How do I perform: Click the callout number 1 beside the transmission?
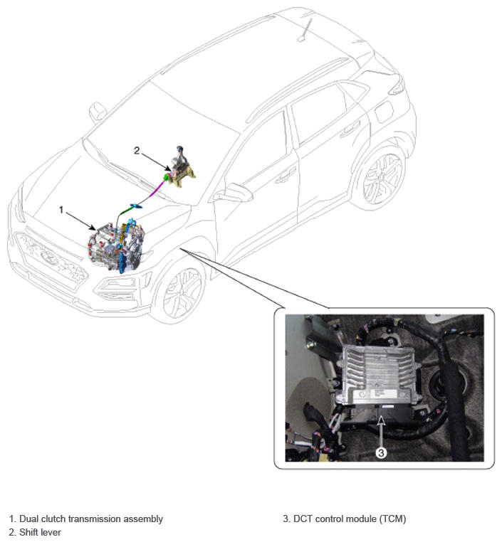(61, 210)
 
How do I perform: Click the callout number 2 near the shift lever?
(137, 150)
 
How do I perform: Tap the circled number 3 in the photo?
(381, 452)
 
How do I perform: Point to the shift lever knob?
(180, 149)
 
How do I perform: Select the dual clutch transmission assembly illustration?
(116, 245)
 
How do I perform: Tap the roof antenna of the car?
(305, 31)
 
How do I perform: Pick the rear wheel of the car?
(380, 178)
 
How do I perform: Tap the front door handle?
(286, 175)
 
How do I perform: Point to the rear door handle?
(350, 129)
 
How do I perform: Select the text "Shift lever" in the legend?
(40, 532)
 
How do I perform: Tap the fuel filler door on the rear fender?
(384, 112)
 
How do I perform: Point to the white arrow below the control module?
(381, 431)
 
